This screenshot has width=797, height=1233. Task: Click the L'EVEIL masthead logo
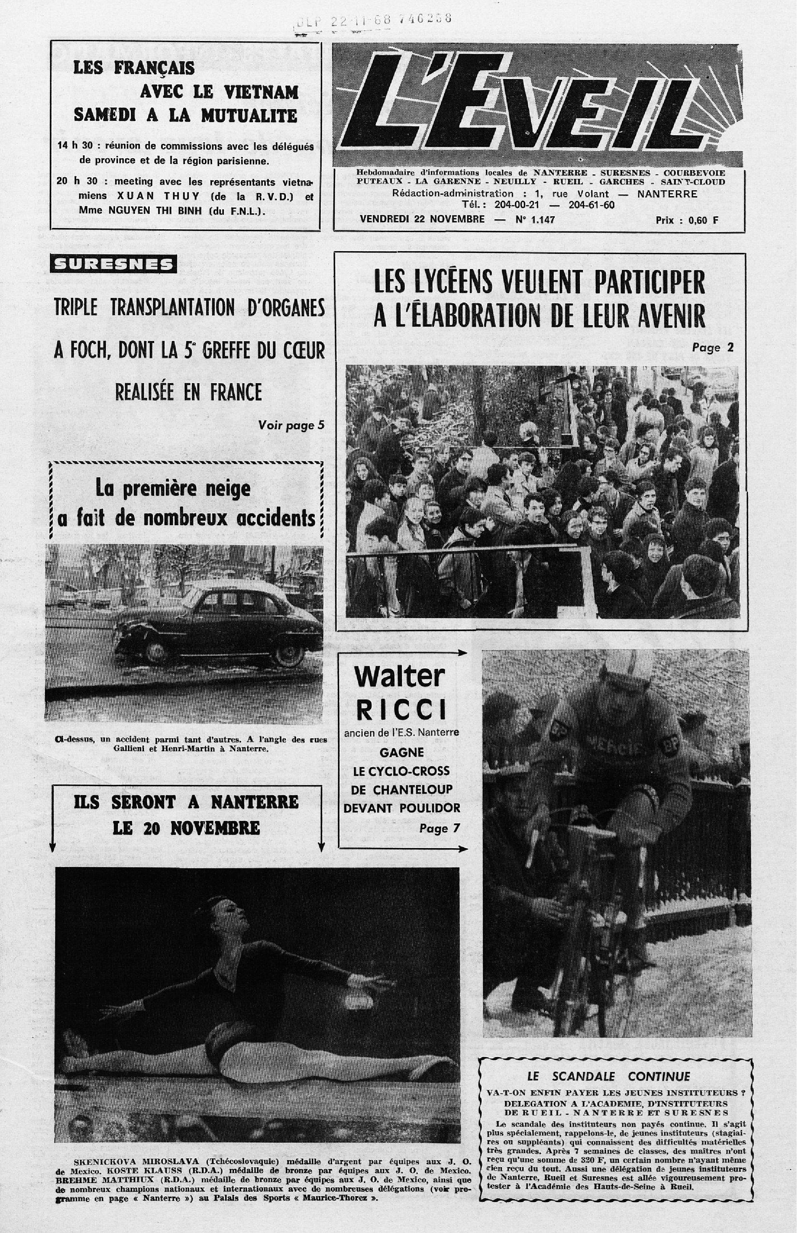click(x=538, y=107)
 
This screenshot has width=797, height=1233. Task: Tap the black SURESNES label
click(x=113, y=264)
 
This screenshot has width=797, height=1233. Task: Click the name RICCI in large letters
click(x=401, y=711)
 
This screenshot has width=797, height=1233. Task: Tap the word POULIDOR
click(x=431, y=808)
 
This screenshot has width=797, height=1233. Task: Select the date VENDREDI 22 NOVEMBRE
click(x=422, y=219)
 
